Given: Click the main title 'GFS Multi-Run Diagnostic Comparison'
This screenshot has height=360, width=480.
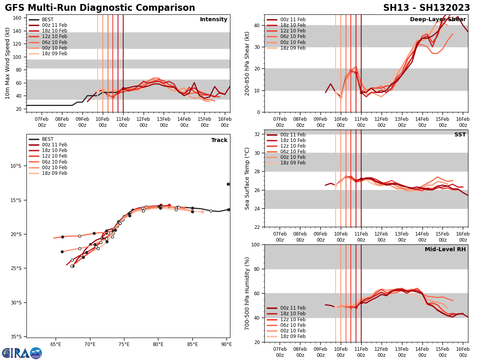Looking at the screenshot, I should (100, 8).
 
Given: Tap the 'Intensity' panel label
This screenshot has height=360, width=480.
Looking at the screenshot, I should (214, 20).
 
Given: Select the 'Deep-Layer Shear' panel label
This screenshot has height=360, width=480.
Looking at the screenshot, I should (438, 20).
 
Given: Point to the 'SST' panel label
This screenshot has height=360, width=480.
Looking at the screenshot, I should (460, 135).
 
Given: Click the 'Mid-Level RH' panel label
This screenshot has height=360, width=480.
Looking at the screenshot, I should (445, 250).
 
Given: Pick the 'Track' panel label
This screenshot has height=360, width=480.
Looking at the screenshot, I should (219, 140).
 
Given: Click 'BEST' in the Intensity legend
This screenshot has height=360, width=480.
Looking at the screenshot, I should (48, 20).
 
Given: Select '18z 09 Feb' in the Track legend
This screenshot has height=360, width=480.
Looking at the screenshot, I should (54, 173).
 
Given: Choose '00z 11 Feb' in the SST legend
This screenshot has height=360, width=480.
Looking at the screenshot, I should (292, 135).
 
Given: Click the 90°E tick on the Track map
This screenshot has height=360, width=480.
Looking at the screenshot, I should (227, 344).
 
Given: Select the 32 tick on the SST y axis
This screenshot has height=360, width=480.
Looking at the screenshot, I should (258, 134).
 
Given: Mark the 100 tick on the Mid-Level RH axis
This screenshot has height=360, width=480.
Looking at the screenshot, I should (256, 244).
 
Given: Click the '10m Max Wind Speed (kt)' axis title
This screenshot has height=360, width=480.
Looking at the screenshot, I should (7, 63).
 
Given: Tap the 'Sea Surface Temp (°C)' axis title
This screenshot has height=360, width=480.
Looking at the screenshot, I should (247, 178).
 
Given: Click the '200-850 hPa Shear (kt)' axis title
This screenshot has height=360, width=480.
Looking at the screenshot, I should (247, 63).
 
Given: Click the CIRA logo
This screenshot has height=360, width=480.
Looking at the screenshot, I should (22, 353).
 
